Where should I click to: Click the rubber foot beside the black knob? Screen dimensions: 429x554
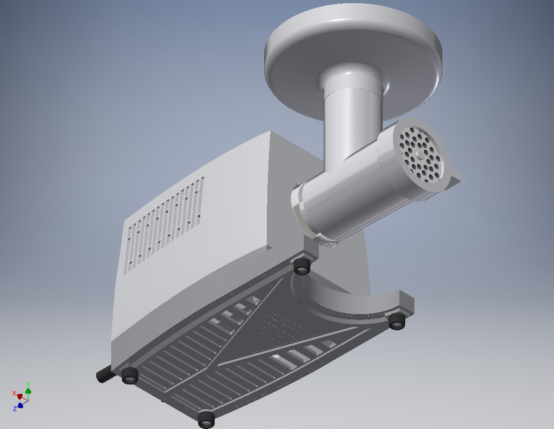tap(129, 375)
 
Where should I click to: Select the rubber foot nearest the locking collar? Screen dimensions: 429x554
tap(302, 266)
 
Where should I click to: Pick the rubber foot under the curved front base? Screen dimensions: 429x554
tap(397, 321)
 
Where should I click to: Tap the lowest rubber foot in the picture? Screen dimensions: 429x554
tap(206, 419)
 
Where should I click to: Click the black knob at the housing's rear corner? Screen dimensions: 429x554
tap(104, 374)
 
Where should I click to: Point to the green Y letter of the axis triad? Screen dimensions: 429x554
tap(28, 385)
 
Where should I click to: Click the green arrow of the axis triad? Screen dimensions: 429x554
tap(28, 391)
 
